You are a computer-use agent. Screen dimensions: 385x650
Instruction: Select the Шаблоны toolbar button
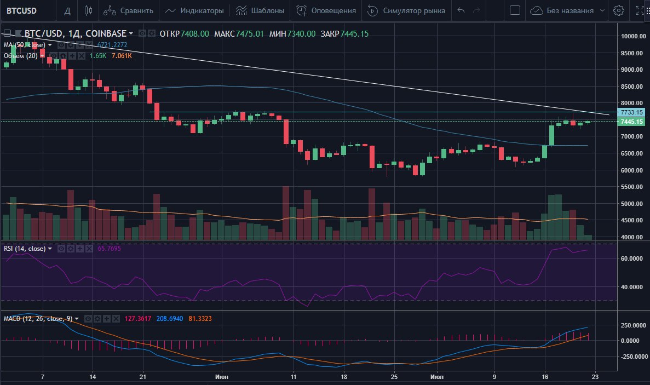(260, 10)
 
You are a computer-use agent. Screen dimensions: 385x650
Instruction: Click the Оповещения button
(326, 10)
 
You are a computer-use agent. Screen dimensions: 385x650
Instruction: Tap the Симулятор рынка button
(407, 10)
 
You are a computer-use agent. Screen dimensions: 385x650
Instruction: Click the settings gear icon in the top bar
(619, 10)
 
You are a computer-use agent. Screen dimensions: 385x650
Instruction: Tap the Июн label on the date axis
(222, 377)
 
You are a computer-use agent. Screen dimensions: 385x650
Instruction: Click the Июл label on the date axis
(436, 377)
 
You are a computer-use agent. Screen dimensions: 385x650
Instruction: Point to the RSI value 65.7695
(109, 249)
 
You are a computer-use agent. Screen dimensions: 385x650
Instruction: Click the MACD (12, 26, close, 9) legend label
(38, 319)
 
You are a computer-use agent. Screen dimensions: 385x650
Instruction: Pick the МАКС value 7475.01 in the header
(250, 34)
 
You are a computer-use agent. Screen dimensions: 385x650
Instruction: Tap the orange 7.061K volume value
(121, 56)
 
